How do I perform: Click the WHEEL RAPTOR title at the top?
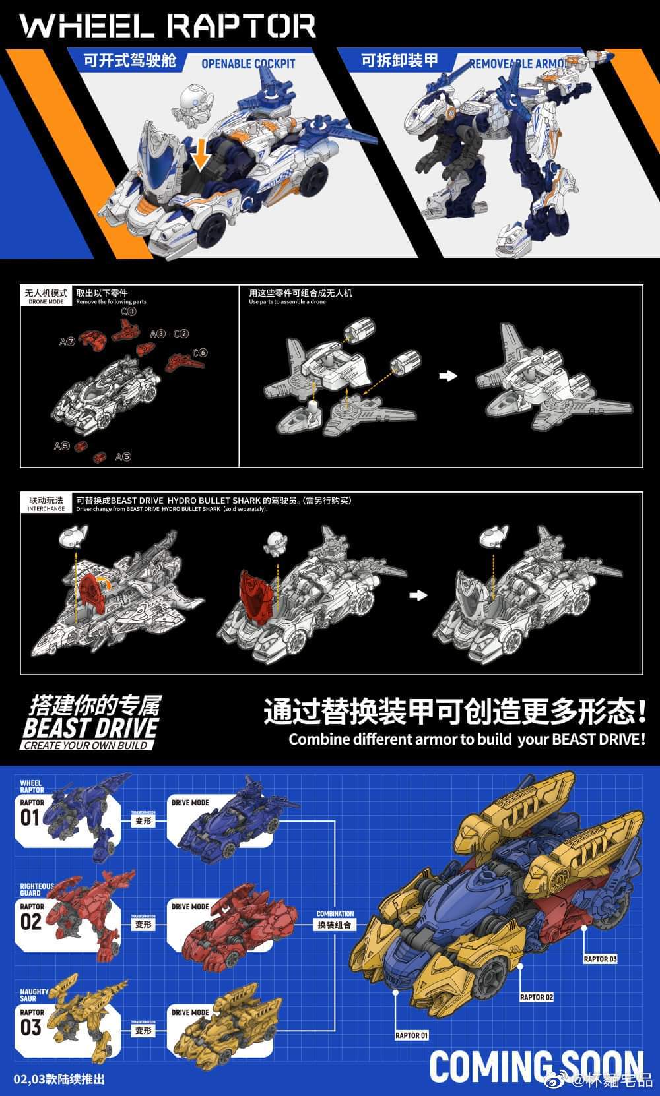(x=168, y=26)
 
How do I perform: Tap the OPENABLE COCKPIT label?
(x=248, y=64)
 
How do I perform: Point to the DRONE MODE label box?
(x=46, y=296)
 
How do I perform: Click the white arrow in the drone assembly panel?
(x=448, y=375)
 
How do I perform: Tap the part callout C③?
(x=128, y=311)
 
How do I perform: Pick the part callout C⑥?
(x=200, y=353)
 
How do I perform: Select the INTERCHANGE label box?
(x=46, y=504)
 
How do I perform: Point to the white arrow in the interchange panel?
(x=418, y=595)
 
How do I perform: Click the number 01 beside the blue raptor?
(x=31, y=818)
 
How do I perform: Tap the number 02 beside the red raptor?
(x=31, y=921)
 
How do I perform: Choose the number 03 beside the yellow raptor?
(x=31, y=1027)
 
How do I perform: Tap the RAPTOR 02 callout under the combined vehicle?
(x=536, y=997)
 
